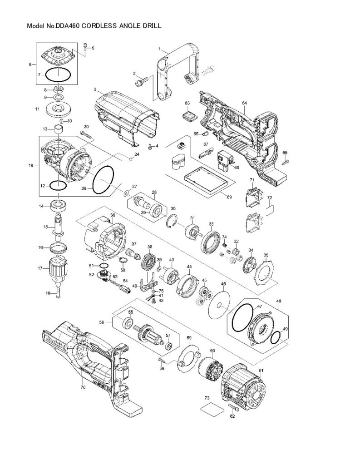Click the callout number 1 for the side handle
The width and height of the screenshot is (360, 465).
(x=159, y=48)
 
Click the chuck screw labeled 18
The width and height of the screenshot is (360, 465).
(x=58, y=293)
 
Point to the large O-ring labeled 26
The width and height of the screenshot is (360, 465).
(x=102, y=180)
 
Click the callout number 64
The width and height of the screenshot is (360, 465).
(x=244, y=103)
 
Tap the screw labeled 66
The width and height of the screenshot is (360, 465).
(x=285, y=161)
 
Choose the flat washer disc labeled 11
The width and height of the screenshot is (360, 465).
(x=58, y=109)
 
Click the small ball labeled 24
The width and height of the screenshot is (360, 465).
(x=130, y=159)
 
